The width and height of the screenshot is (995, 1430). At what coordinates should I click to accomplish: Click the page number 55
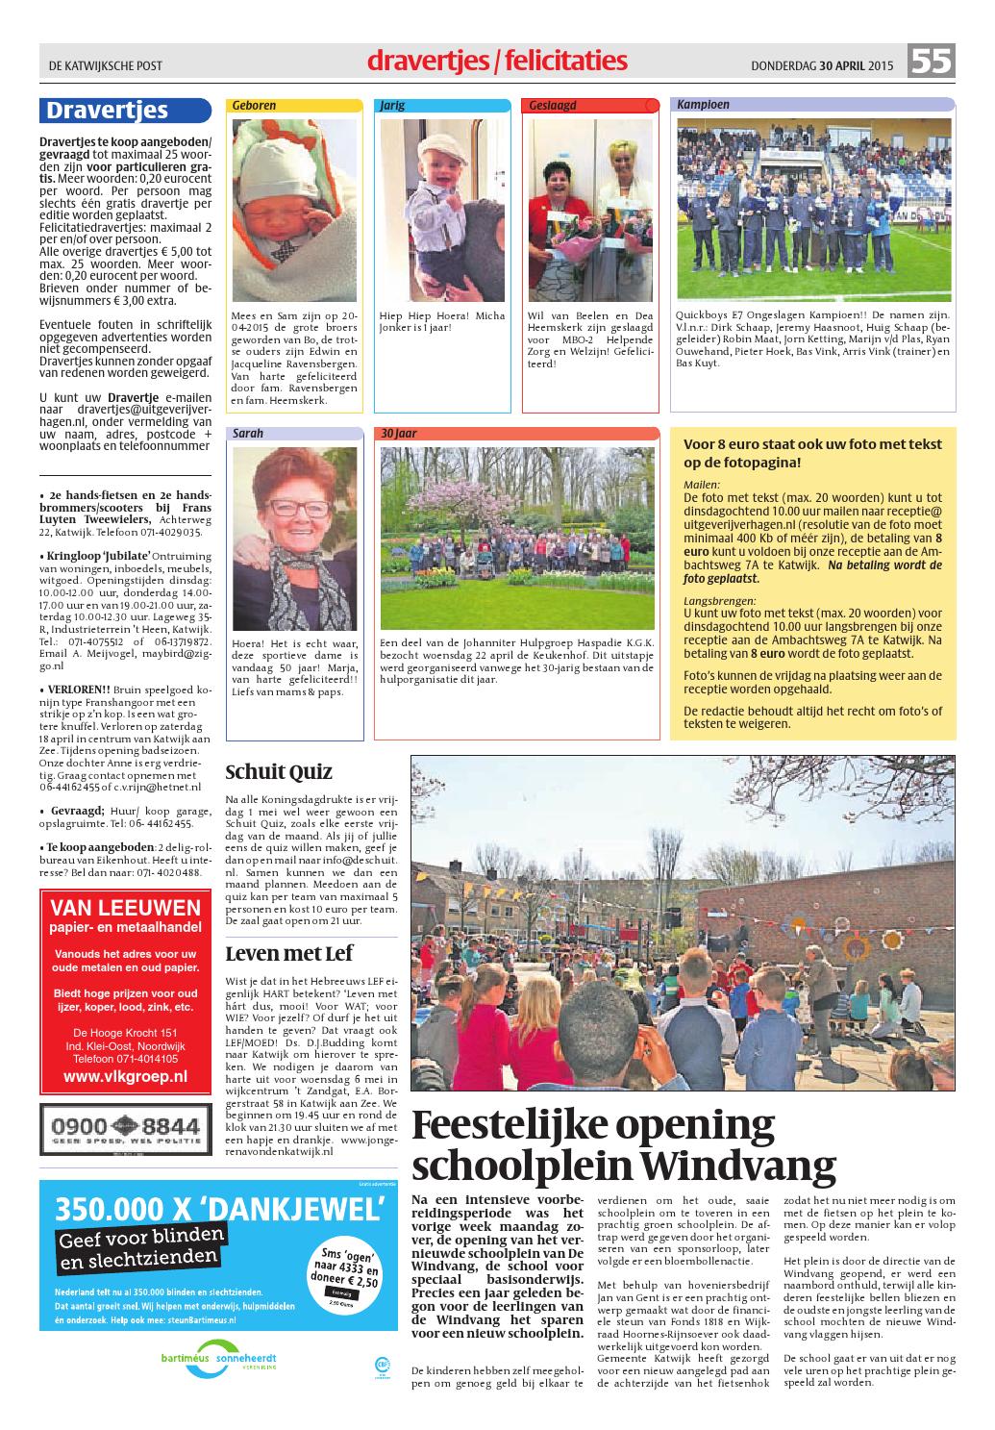coord(931,63)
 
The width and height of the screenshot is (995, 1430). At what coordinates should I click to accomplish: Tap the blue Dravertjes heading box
coord(121,111)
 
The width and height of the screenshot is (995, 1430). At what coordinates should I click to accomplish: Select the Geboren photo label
coord(254,105)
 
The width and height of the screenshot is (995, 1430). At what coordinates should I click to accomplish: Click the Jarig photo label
coord(393,105)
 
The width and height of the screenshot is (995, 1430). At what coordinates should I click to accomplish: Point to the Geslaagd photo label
coord(553,105)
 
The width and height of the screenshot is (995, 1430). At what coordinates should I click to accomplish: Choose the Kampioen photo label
coord(703,105)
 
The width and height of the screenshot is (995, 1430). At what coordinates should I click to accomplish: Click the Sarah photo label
coord(248,434)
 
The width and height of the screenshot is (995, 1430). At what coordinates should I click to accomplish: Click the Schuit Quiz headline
coord(279,772)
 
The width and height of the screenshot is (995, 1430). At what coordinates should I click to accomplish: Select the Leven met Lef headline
coord(289,953)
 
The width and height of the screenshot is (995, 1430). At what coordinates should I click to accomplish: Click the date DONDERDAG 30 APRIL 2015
coord(822,65)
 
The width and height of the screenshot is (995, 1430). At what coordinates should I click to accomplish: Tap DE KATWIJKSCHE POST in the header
coord(106,65)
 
